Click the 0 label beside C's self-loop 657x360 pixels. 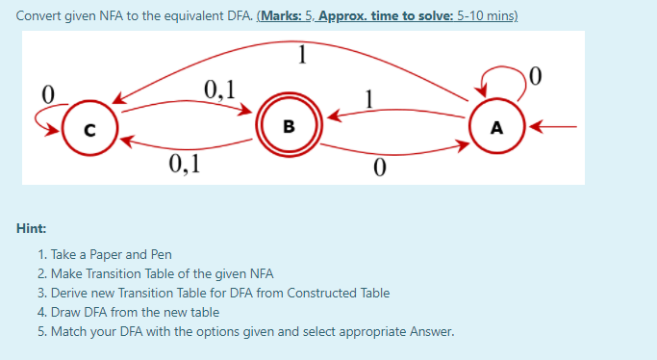44,93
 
